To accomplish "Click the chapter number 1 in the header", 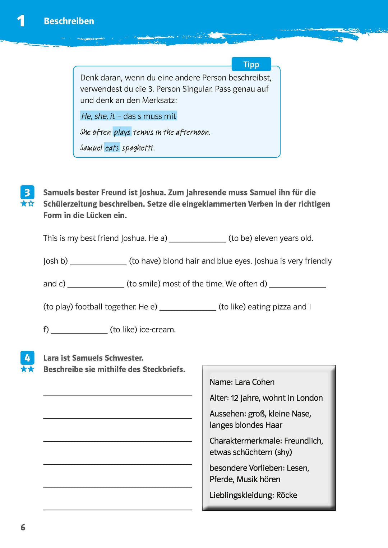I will click(x=21, y=21).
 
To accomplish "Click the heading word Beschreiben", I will click(x=69, y=21).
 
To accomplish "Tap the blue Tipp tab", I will click(x=251, y=64).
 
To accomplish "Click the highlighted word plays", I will click(x=122, y=132).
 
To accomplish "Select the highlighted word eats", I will click(x=112, y=148).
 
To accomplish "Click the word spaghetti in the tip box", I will click(x=138, y=148).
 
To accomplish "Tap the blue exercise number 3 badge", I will click(x=27, y=193).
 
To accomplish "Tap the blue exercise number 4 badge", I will click(x=27, y=358).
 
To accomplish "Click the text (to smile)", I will click(x=143, y=284).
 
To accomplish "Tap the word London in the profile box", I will click(x=309, y=398).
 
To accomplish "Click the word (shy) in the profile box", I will click(x=283, y=452).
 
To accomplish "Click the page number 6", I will click(x=23, y=527).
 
